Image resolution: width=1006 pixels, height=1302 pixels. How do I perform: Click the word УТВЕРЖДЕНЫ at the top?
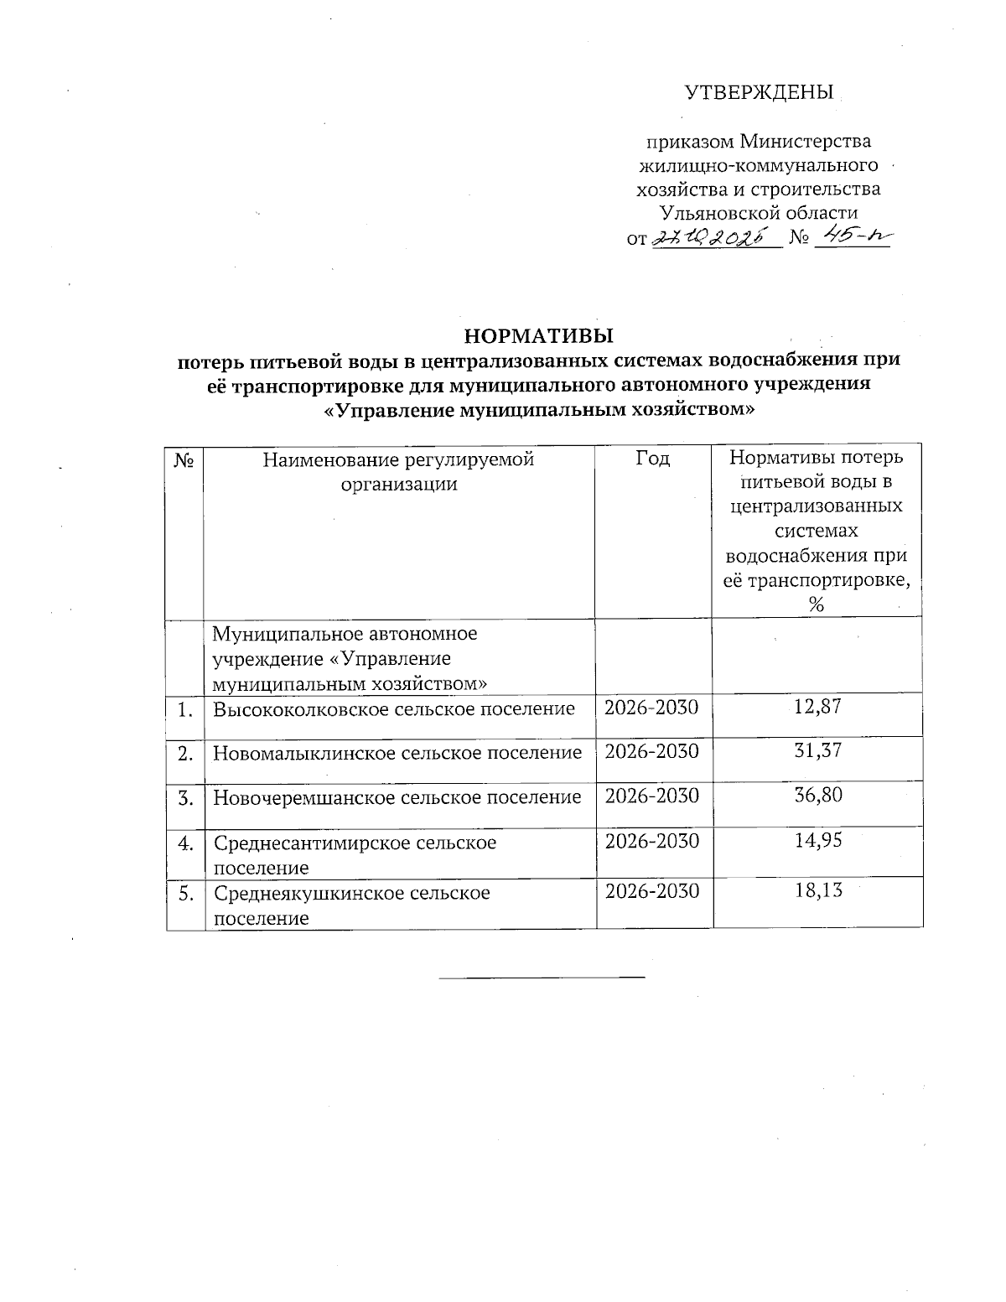pos(760,92)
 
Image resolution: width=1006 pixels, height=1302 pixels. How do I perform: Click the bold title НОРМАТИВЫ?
pos(539,337)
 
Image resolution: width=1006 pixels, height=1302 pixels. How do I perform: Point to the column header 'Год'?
pos(653,459)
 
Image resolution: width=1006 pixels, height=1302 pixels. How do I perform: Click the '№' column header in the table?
pos(184,459)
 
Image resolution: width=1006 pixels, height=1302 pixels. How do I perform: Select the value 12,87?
pos(817,707)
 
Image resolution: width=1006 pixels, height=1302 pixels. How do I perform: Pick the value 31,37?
pos(817,751)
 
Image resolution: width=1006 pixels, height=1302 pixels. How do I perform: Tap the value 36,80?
pos(817,796)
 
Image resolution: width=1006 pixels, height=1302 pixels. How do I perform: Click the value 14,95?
pos(817,841)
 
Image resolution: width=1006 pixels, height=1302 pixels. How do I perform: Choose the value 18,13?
pos(817,891)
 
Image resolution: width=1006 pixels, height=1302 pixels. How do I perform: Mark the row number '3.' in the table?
pos(185,796)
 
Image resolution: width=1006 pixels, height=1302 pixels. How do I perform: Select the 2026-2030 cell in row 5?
pos(651,891)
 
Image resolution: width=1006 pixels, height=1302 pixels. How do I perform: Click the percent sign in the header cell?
pos(817,604)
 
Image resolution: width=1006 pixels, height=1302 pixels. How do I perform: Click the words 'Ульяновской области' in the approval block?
pos(760,213)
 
